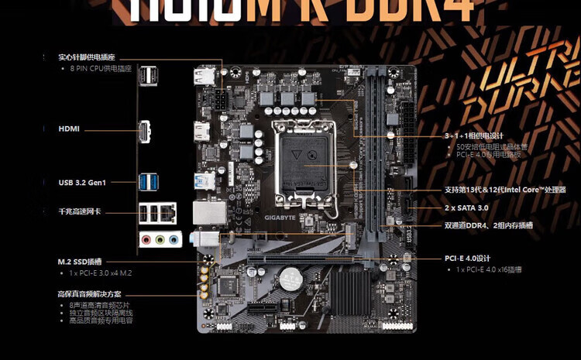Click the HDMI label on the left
(69, 129)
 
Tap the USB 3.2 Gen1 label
(81, 183)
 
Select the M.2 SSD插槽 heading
(80, 262)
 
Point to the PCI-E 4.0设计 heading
(468, 258)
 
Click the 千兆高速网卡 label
(80, 211)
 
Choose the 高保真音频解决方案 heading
(89, 294)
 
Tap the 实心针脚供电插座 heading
(87, 57)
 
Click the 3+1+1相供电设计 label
(474, 135)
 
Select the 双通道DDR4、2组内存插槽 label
(489, 226)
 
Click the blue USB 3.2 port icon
(148, 181)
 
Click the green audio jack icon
(160, 240)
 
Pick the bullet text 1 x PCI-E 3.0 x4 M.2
(101, 273)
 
